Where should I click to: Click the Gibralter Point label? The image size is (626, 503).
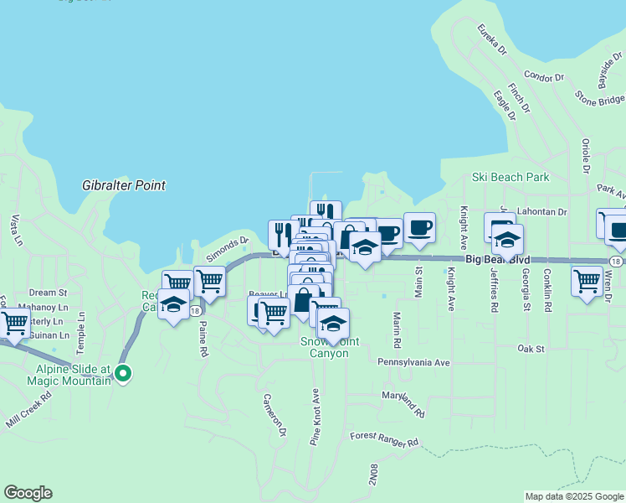coord(124,185)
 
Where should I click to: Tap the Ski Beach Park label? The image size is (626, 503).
coord(510,177)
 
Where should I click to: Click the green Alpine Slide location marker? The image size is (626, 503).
coord(123,374)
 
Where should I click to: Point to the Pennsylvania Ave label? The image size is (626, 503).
coord(413,363)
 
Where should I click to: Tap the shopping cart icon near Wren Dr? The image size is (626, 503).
coord(587,280)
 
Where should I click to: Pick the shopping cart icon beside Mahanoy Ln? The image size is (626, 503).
coord(14,322)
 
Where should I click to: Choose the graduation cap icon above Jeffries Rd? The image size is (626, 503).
coord(507,239)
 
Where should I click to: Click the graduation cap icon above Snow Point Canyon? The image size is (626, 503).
coord(333,324)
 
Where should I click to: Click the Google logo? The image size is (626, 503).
coord(28,493)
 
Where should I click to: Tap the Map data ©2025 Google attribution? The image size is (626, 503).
coord(574,496)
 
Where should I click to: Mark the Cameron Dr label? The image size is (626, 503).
coord(275,415)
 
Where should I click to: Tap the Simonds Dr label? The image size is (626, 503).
coord(228,245)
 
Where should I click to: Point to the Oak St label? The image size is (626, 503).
coord(531,348)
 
